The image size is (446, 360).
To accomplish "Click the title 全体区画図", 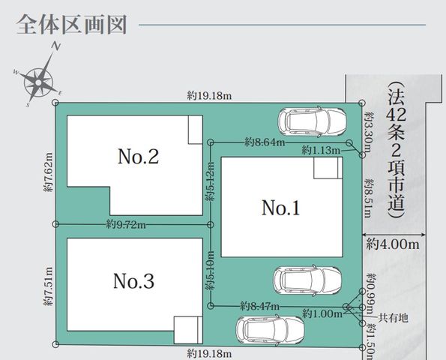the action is click(72, 25).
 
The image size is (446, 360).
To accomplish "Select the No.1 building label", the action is click(281, 208).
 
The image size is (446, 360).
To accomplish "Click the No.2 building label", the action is click(138, 156).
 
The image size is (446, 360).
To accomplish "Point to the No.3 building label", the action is click(133, 281).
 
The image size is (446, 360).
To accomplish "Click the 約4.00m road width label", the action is click(393, 244).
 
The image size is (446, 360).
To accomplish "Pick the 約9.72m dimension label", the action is click(126, 225).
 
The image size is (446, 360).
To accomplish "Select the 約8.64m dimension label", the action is click(265, 142).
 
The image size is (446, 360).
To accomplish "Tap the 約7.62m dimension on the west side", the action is click(49, 172).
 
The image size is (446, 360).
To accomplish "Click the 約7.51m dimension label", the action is click(49, 286).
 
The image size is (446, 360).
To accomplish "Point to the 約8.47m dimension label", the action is click(259, 306).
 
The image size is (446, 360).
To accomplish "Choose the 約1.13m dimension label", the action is click(321, 150).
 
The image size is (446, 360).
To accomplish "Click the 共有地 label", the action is click(393, 317).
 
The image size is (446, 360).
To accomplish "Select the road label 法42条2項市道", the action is click(397, 150).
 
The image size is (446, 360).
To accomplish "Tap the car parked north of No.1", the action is click(312, 122).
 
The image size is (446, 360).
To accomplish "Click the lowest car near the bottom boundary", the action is click(270, 330).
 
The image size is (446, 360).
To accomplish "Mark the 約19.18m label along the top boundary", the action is click(209, 96).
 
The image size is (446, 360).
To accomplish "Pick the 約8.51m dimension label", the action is click(369, 198).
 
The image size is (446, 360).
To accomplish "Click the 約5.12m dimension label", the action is click(211, 181).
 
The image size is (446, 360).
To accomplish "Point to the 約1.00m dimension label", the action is click(322, 314).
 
